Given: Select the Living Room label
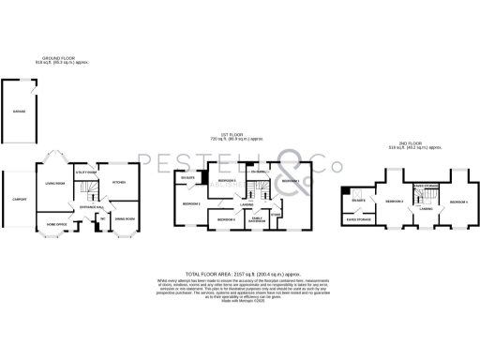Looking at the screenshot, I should (55, 183).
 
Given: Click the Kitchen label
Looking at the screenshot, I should (119, 182).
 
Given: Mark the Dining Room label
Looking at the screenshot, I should (124, 219).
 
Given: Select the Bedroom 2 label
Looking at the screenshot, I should (192, 203).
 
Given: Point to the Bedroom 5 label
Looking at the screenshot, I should (226, 219).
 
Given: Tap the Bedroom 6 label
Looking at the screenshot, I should (227, 180).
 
